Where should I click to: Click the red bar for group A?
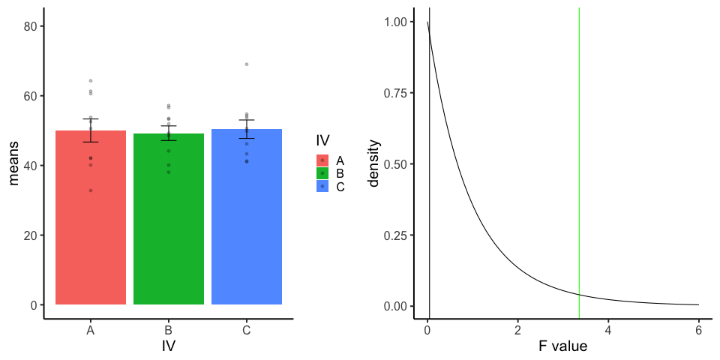[90, 225]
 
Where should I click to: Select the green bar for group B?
[168, 225]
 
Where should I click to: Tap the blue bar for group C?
[247, 225]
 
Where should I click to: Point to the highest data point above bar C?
[247, 64]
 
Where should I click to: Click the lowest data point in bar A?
[90, 190]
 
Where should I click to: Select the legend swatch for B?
[322, 173]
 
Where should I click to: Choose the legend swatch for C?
[322, 186]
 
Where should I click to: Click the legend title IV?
[323, 140]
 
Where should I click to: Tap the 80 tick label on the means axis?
[31, 26]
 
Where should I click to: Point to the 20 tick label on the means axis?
[31, 235]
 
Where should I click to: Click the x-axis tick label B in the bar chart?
[168, 330]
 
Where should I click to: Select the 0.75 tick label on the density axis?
[395, 93]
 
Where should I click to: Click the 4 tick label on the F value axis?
[607, 330]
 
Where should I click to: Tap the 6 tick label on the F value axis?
[698, 330]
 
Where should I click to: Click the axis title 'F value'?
[562, 346]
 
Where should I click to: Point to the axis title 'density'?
[375, 163]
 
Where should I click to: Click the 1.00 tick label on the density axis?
[395, 22]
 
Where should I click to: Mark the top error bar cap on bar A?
[90, 118]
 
